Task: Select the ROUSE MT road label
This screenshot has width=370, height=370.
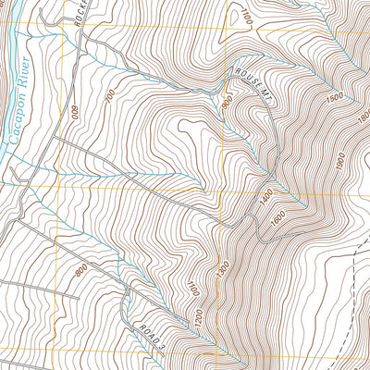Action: pyautogui.click(x=255, y=88)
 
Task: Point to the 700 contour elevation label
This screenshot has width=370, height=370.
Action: pyautogui.click(x=110, y=95)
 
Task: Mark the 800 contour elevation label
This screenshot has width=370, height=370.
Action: pyautogui.click(x=80, y=270)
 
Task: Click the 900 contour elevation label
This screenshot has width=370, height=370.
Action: pyautogui.click(x=228, y=105)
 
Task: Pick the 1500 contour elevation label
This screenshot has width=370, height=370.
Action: pyautogui.click(x=334, y=96)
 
